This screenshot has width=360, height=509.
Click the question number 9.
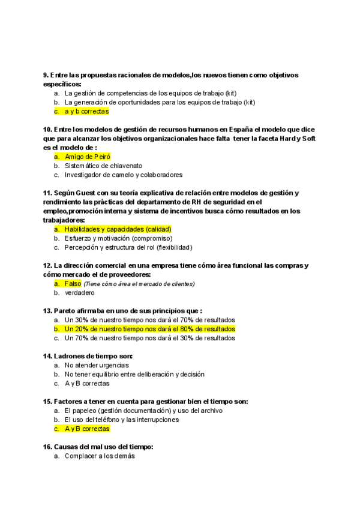point(46,75)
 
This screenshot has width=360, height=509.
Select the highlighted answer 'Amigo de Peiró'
point(88,157)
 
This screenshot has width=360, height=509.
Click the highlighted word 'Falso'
point(73,283)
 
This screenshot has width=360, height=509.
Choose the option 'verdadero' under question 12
point(79,293)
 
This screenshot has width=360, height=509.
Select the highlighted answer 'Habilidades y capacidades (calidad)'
point(118,229)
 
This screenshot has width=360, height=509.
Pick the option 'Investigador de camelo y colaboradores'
point(124,175)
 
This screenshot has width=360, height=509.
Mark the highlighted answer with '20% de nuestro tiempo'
point(150,329)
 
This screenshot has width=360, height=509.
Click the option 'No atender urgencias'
point(97,365)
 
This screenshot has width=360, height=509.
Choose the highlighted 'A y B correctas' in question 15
point(87,429)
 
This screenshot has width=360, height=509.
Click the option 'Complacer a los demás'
point(100,456)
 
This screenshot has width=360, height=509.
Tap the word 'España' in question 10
point(233,129)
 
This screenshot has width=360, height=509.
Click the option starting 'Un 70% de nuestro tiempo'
point(150,338)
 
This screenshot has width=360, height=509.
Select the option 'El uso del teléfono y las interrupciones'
point(122,420)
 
